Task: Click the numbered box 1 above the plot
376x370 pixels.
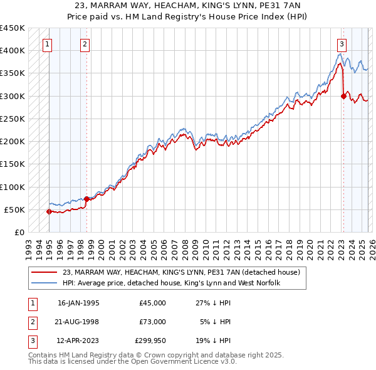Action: [x=48, y=45]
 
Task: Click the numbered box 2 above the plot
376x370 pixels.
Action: [x=85, y=45]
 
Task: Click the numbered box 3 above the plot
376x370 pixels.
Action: [x=342, y=45]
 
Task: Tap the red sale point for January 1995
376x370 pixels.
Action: [x=49, y=211]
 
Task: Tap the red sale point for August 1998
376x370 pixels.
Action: [x=86, y=199]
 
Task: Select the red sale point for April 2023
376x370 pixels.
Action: [x=343, y=96]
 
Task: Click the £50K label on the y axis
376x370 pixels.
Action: [x=15, y=209]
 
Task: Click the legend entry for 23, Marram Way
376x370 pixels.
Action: [x=182, y=272]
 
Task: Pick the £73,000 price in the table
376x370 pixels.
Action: [x=152, y=322]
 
